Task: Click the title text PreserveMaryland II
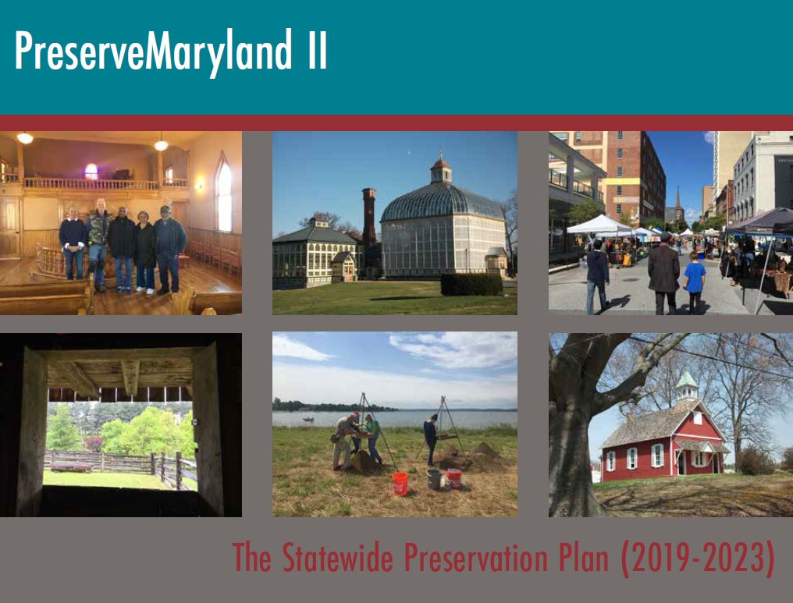pyautogui.click(x=171, y=51)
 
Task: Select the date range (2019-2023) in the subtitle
pyautogui.click(x=698, y=558)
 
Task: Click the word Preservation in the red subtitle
pyautogui.click(x=476, y=557)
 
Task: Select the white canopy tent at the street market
pyautogui.click(x=599, y=225)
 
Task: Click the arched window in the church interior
pyautogui.click(x=223, y=193)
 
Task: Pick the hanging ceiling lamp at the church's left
pyautogui.click(x=25, y=137)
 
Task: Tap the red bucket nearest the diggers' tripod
pyautogui.click(x=400, y=484)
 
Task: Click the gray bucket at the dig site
pyautogui.click(x=434, y=480)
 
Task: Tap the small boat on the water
pyautogui.click(x=308, y=419)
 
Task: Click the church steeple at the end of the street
pyautogui.click(x=678, y=204)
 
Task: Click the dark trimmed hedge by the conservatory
pyautogui.click(x=471, y=284)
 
